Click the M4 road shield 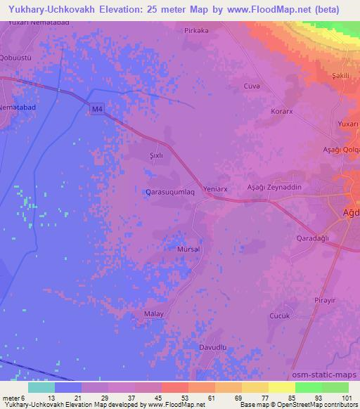click(97, 108)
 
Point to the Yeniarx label click(216, 189)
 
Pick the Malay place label click(153, 314)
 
